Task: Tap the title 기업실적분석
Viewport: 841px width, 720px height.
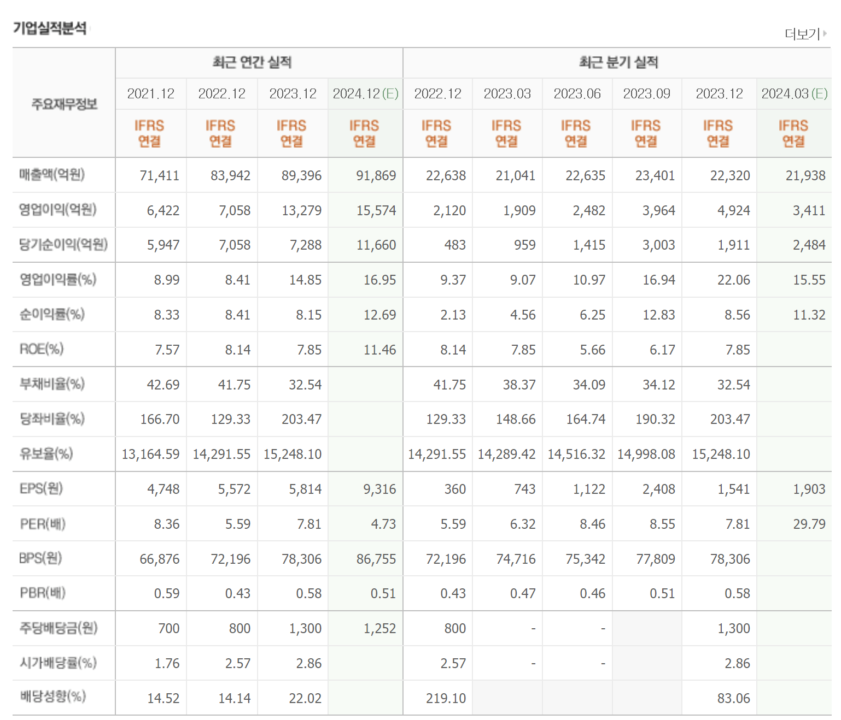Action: (x=50, y=28)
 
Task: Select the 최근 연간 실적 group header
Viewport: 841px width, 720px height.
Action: (x=252, y=62)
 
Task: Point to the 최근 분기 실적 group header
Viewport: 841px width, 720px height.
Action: (x=618, y=62)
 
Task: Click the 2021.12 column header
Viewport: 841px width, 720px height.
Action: (x=151, y=94)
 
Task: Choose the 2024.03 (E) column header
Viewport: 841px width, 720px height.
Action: (x=795, y=94)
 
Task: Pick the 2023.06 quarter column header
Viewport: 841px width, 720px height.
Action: (x=577, y=94)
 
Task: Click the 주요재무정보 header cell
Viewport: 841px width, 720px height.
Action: (x=64, y=103)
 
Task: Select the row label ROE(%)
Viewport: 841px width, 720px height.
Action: (x=42, y=349)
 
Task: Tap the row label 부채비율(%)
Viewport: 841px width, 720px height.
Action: (x=52, y=384)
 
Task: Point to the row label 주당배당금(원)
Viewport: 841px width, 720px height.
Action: (x=59, y=628)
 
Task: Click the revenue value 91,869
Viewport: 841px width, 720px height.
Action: (x=376, y=176)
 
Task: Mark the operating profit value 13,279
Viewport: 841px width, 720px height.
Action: (x=301, y=211)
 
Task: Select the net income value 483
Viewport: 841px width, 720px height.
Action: (x=455, y=245)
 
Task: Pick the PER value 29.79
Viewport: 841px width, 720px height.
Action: (x=809, y=524)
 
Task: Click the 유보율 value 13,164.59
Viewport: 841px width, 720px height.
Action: (x=150, y=455)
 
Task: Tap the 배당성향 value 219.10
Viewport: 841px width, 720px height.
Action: (x=446, y=699)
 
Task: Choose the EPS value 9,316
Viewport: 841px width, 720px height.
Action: (x=379, y=489)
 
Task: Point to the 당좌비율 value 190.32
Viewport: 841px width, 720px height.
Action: (x=655, y=420)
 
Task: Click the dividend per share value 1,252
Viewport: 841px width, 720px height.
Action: (x=379, y=629)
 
